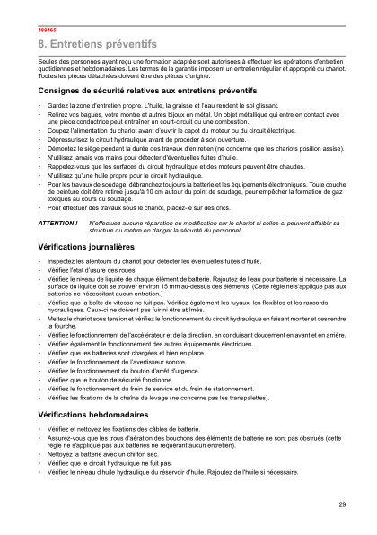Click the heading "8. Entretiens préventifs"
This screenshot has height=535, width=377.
pyautogui.click(x=97, y=43)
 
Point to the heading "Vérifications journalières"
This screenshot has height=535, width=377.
pyautogui.click(x=86, y=220)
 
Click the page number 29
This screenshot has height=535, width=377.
pyautogui.click(x=342, y=504)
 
